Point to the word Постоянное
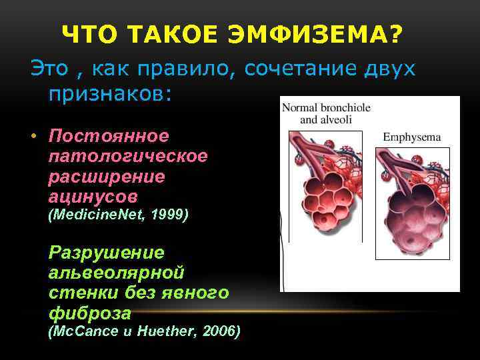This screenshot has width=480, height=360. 109,137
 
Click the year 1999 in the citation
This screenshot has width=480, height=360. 170,215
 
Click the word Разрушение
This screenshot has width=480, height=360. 106,253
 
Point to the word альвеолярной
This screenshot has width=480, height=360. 116,273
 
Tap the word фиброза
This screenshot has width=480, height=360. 90,313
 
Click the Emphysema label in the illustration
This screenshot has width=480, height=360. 412,137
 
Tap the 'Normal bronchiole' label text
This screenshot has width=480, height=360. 326,108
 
